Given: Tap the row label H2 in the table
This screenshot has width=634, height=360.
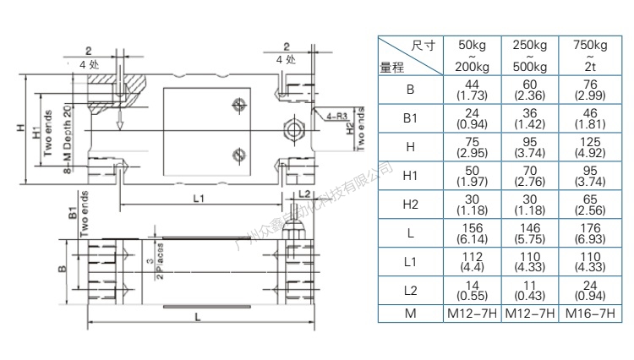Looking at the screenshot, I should [x=410, y=204].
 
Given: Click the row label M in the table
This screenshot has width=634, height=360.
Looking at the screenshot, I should [x=410, y=314].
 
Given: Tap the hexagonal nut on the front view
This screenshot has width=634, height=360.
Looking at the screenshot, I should [x=292, y=130].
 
